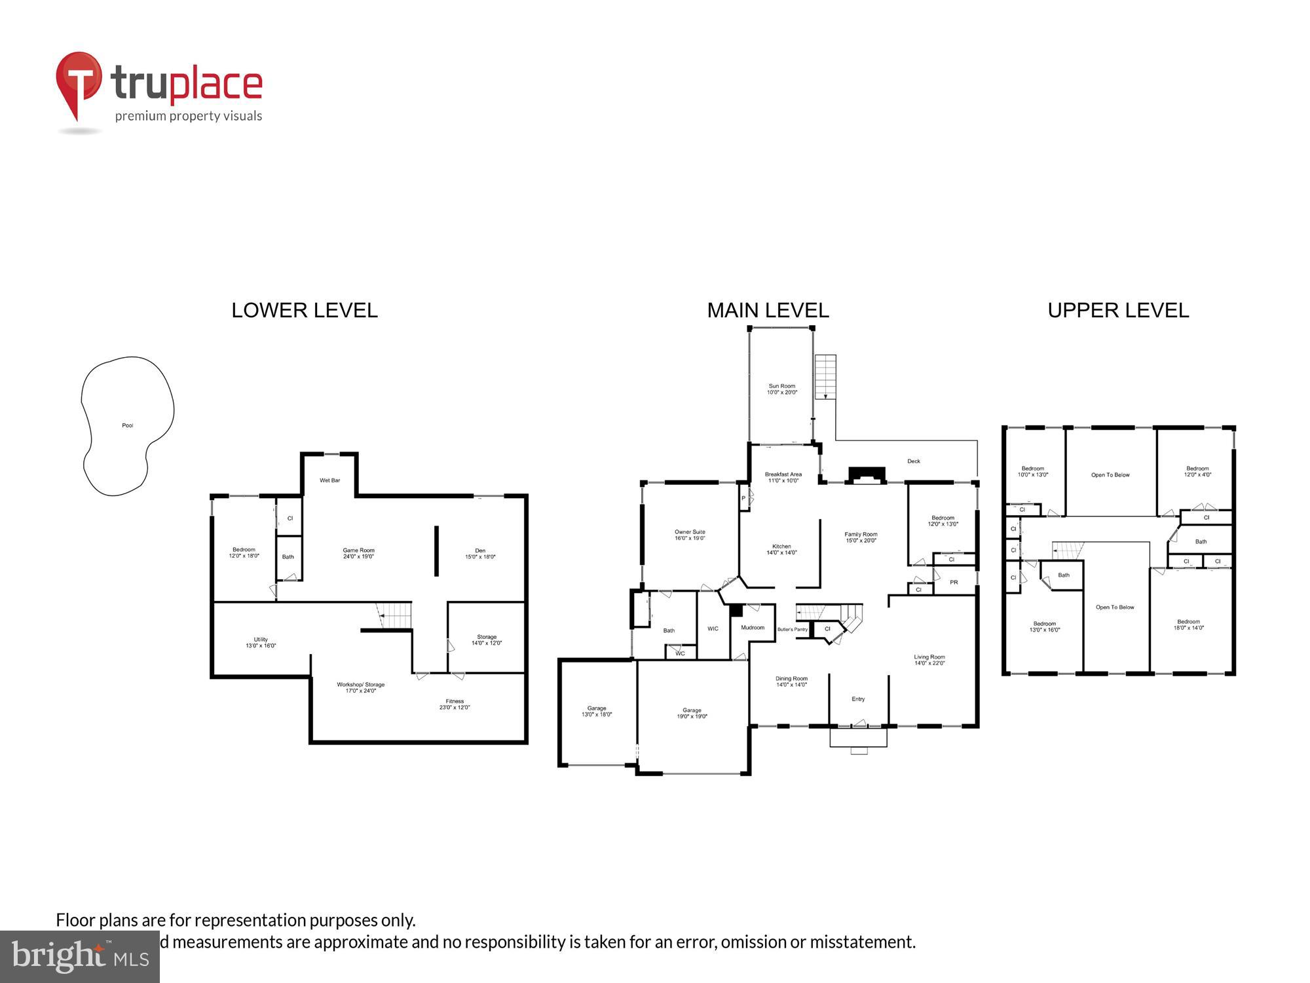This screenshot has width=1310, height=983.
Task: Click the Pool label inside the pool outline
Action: (x=128, y=426)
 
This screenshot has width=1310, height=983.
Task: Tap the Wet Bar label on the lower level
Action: (x=329, y=480)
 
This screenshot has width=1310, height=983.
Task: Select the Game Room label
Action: (x=358, y=553)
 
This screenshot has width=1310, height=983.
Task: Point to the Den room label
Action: (x=480, y=553)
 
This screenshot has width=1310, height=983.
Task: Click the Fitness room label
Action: (x=455, y=704)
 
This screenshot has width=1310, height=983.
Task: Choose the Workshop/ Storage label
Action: (x=360, y=687)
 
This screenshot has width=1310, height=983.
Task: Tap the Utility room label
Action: (x=261, y=642)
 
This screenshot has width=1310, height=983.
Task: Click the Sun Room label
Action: (x=781, y=389)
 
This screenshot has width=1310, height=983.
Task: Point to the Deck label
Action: (x=914, y=461)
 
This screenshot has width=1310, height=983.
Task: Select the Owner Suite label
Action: (x=690, y=535)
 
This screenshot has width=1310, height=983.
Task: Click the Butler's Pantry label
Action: (x=792, y=629)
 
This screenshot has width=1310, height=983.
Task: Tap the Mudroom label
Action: (x=753, y=627)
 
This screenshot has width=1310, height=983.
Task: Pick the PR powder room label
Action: (x=954, y=582)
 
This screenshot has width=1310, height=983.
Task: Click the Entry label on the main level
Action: (x=858, y=699)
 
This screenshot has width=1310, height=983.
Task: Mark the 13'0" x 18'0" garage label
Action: (x=596, y=711)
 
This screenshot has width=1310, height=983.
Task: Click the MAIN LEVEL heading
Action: (x=768, y=310)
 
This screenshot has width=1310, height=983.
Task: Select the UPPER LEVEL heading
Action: (x=1118, y=310)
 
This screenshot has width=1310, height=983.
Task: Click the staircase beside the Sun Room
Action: (x=825, y=377)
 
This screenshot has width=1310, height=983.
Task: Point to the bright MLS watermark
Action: (x=80, y=957)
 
